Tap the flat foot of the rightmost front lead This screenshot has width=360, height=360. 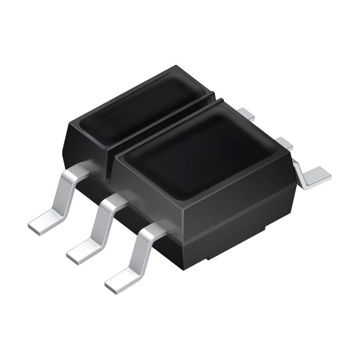click(x=119, y=280)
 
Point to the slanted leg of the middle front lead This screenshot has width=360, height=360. click(x=100, y=226)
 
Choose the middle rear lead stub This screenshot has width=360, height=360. click(x=281, y=141)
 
